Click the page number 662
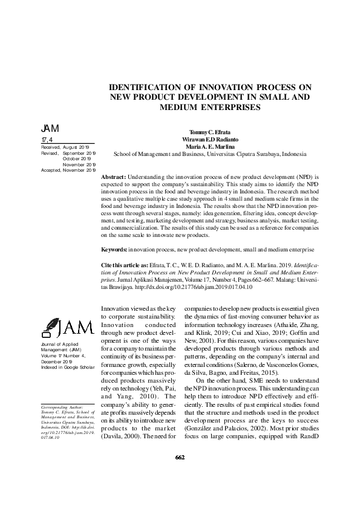point(180,474)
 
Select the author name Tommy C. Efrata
point(205,132)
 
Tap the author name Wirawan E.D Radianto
point(205,139)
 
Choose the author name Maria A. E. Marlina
point(205,146)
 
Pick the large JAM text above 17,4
point(50,129)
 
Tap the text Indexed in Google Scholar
point(66,367)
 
